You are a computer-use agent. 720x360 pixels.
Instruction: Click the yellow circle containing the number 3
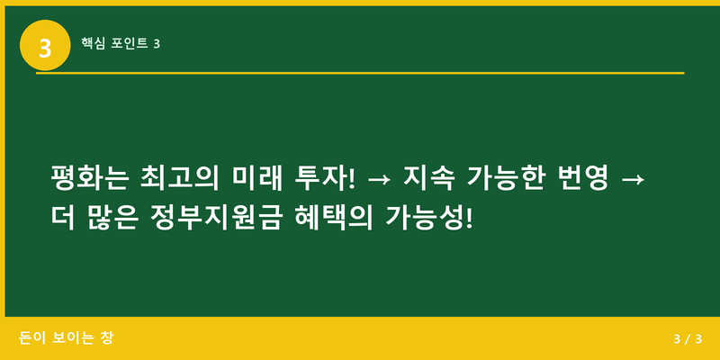click(45, 45)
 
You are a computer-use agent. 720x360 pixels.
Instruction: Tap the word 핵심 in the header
click(93, 43)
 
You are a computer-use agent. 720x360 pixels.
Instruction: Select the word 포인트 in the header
click(130, 43)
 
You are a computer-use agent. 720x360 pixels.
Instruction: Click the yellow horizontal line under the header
click(360, 73)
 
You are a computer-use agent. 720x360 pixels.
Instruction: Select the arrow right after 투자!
click(379, 178)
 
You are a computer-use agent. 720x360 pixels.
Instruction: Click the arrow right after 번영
click(633, 178)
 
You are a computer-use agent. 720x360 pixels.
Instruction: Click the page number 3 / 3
click(687, 338)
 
